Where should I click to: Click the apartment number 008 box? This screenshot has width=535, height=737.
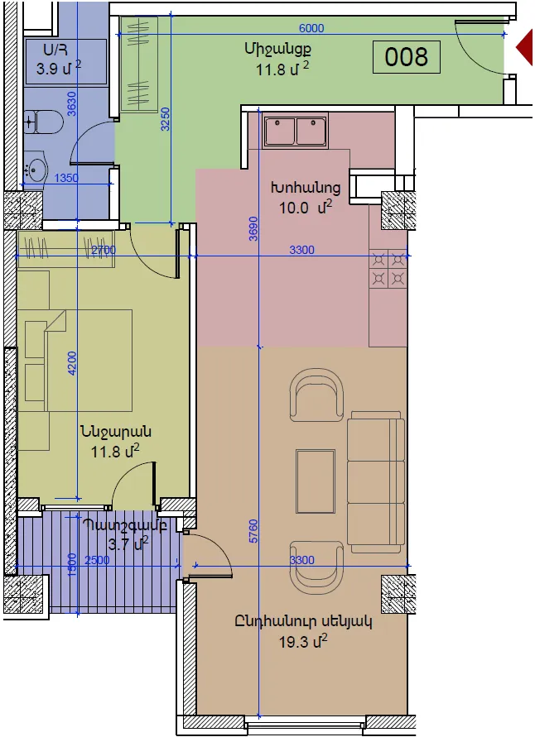tap(406, 57)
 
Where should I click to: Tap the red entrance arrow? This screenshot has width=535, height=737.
tap(525, 47)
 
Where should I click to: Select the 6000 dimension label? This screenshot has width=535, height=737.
tap(311, 28)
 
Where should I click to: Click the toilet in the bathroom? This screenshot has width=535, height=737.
tap(42, 122)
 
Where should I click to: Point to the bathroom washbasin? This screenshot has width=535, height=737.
tap(36, 167)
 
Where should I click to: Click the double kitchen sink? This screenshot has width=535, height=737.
tap(296, 130)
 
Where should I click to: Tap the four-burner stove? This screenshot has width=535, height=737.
tap(388, 270)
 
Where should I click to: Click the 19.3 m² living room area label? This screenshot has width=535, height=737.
tap(303, 641)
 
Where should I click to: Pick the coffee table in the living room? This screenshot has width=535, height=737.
tap(316, 481)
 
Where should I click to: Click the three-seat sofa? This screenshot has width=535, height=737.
tap(376, 482)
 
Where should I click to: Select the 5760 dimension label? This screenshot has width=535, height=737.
tap(253, 532)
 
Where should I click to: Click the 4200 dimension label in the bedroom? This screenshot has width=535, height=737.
tap(72, 363)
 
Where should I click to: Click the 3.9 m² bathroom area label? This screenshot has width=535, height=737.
tap(59, 68)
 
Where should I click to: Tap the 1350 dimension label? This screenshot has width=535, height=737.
tap(66, 178)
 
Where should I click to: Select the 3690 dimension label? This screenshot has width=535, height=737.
tap(253, 229)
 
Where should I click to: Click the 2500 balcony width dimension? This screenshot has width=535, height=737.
tap(97, 560)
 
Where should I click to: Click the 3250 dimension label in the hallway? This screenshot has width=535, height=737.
tap(165, 119)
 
